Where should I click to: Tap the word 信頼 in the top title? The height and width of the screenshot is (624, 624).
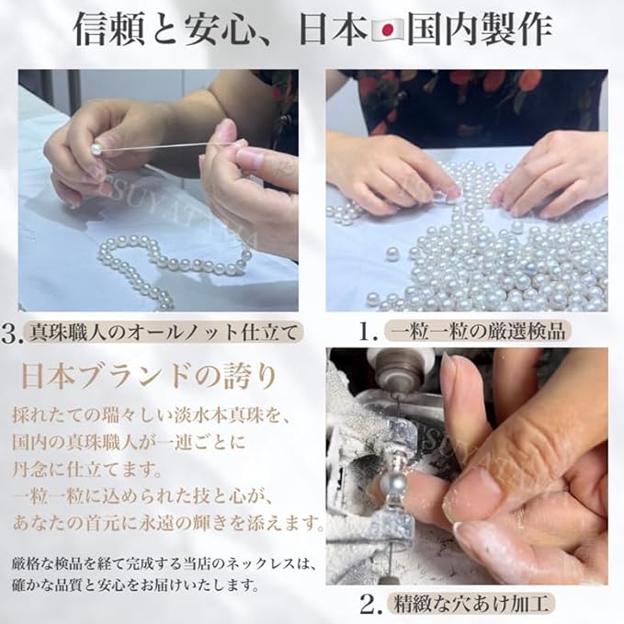point(103,30)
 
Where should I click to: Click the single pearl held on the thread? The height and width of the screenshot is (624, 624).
point(95,146)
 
